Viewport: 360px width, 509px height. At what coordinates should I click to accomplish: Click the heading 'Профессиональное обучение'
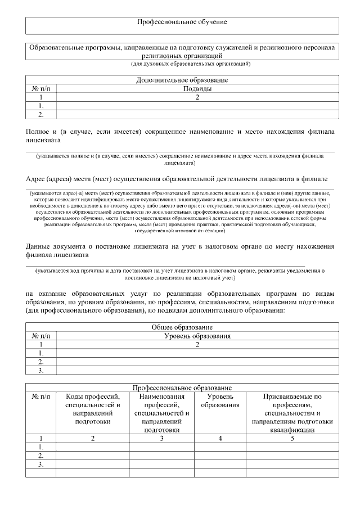(x=182, y=22)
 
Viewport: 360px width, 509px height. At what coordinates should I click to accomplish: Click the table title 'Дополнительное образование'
(x=182, y=80)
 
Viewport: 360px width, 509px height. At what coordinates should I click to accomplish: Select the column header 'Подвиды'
(x=197, y=89)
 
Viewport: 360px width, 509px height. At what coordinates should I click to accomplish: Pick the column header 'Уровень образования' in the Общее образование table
(x=197, y=336)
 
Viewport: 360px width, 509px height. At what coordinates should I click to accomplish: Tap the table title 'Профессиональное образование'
(x=182, y=388)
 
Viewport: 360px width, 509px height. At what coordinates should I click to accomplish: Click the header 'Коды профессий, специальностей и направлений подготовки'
(x=93, y=408)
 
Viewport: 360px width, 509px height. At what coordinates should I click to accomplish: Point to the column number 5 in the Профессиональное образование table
(x=292, y=438)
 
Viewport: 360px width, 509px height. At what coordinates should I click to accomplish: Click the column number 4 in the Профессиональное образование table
(x=220, y=438)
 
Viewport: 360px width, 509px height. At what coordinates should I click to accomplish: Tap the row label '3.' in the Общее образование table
(x=41, y=371)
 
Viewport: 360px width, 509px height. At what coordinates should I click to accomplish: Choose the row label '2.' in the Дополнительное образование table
(x=41, y=115)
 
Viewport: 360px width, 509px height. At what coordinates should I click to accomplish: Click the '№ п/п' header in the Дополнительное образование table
(x=41, y=89)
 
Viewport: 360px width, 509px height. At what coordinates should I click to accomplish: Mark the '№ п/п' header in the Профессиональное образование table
(x=41, y=397)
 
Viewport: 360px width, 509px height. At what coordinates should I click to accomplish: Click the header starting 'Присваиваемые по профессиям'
(x=292, y=413)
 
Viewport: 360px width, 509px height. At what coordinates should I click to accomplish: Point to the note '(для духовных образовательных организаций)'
(x=182, y=64)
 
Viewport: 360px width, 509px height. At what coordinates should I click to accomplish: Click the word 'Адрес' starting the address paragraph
(x=36, y=179)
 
